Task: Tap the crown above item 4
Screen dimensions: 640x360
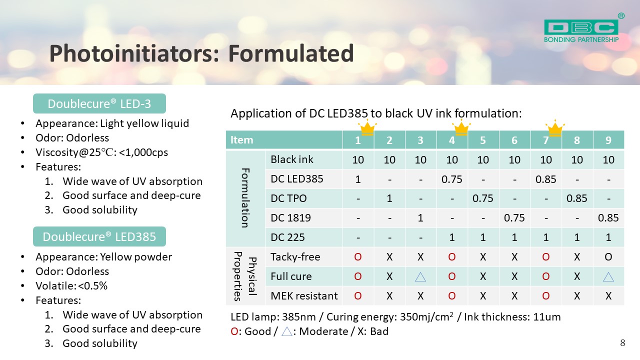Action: tap(461, 127)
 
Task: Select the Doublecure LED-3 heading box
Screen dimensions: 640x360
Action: tap(99, 103)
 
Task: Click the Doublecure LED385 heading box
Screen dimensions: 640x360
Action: tap(99, 236)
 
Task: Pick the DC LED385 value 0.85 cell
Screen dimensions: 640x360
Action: tap(545, 179)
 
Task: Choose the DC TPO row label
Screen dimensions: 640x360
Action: tap(288, 198)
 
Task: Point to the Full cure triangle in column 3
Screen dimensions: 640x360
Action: tap(420, 277)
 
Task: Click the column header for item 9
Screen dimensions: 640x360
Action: tap(608, 140)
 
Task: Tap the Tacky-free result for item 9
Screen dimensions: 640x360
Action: tap(608, 257)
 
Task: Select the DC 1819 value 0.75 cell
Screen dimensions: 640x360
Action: tap(514, 218)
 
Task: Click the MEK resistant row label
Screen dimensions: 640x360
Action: tap(304, 295)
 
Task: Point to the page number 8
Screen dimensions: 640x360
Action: tap(623, 343)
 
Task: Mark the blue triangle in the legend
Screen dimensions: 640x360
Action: tap(286, 331)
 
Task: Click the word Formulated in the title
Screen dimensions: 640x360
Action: tap(291, 53)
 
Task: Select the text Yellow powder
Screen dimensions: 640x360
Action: tap(136, 257)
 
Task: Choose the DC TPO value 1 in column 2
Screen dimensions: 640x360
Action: tap(389, 198)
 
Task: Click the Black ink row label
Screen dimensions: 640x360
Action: tap(291, 159)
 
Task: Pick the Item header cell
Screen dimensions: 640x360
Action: tap(284, 140)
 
